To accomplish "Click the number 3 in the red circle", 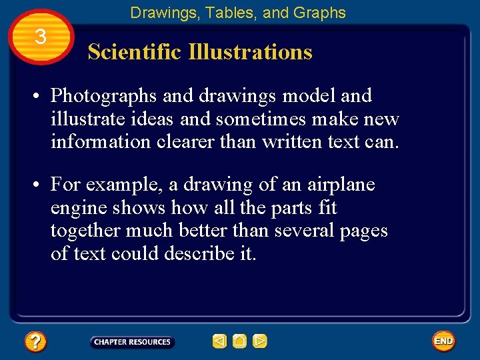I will (40, 37).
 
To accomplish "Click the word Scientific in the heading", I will (135, 52).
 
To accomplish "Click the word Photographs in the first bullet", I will (104, 97).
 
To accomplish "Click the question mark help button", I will (35, 342).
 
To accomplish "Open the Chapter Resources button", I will (132, 342).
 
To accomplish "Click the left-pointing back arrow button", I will (219, 342).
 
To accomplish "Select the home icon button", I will (239, 342).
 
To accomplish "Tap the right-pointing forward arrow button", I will (259, 342).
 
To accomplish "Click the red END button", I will (443, 341).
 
